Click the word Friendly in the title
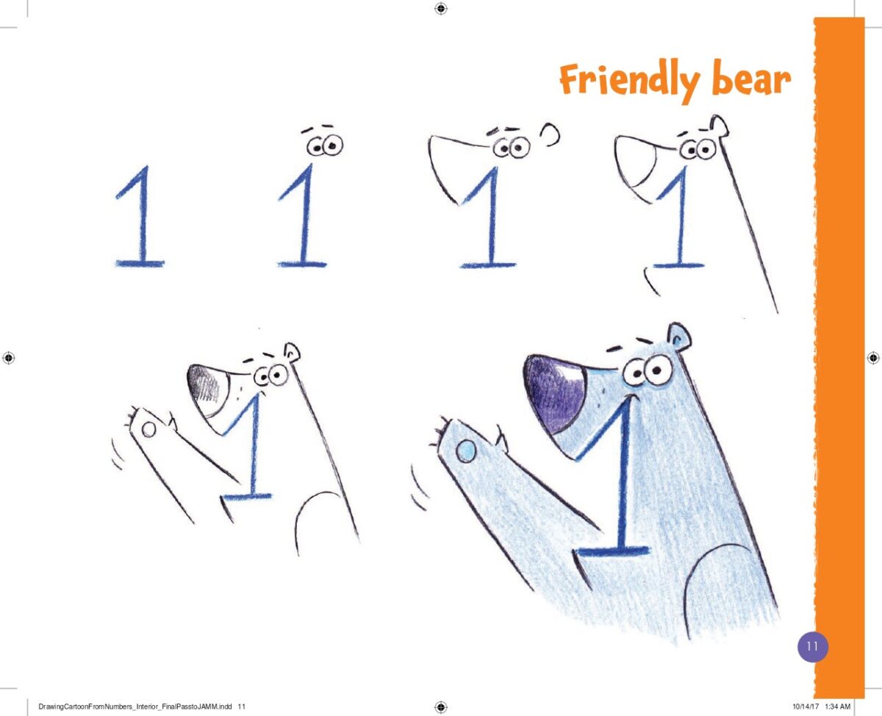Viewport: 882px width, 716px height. tap(629, 80)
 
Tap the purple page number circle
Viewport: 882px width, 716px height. tap(813, 646)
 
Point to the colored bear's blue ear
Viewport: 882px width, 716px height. tap(678, 336)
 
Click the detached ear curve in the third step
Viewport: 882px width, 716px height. tap(551, 134)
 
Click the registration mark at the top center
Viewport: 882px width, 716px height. tap(441, 8)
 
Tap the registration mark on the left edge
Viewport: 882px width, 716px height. tap(9, 358)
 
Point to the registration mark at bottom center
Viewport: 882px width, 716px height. tap(441, 706)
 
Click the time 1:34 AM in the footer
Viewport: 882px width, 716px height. tap(838, 706)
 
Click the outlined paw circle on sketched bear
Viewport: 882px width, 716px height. tap(148, 430)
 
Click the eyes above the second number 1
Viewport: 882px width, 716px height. tap(325, 145)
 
